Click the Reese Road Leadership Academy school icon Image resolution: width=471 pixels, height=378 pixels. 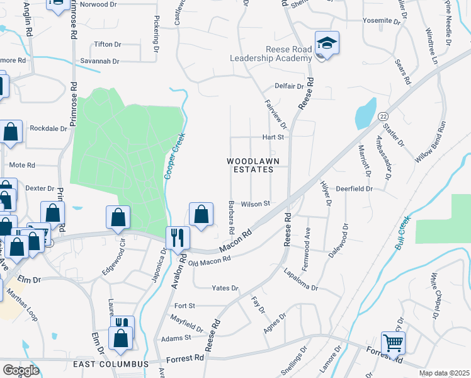(x=327, y=44)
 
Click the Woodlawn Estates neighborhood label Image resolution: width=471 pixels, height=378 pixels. (x=251, y=165)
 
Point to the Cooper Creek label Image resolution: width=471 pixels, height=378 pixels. (x=169, y=159)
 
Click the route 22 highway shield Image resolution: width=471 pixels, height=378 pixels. (x=383, y=117)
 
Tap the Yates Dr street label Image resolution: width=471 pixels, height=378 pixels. (x=225, y=288)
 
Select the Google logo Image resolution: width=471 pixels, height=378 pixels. (x=20, y=370)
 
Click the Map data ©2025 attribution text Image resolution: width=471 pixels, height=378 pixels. (x=444, y=373)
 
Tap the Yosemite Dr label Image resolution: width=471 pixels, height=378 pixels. (x=382, y=21)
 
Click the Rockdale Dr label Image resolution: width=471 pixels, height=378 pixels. (x=48, y=129)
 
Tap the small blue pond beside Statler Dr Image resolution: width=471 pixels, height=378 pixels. (x=365, y=114)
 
